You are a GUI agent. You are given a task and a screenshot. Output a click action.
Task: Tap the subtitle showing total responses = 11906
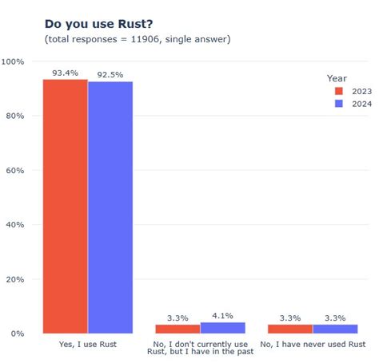tap(138, 39)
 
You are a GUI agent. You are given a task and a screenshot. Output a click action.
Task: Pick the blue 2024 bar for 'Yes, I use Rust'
tap(110, 207)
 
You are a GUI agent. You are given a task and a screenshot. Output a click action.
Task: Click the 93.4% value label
tap(65, 73)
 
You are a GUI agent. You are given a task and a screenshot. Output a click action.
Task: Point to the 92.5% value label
tap(110, 75)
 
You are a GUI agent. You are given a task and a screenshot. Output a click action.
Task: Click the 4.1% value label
tap(223, 316)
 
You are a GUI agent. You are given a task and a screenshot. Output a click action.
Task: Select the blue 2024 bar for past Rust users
tap(223, 327)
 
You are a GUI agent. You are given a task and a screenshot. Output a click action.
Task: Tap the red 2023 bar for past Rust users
tap(178, 329)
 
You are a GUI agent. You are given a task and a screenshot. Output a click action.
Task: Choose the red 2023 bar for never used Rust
tap(290, 329)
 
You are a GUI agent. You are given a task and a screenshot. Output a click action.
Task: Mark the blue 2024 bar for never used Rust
tap(335, 329)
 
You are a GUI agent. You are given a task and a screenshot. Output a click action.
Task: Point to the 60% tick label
tap(15, 171)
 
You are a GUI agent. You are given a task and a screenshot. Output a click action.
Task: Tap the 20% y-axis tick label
tap(15, 279)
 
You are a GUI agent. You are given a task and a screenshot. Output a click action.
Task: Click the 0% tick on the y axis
tap(18, 333)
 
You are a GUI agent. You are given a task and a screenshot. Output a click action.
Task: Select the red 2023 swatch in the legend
tap(337, 91)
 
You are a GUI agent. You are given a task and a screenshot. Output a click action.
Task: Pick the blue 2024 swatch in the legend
tap(337, 104)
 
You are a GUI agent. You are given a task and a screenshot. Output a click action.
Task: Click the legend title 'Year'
tap(337, 78)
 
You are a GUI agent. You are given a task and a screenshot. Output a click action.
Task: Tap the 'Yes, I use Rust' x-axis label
tap(87, 345)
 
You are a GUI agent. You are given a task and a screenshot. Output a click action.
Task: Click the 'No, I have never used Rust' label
tap(313, 345)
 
